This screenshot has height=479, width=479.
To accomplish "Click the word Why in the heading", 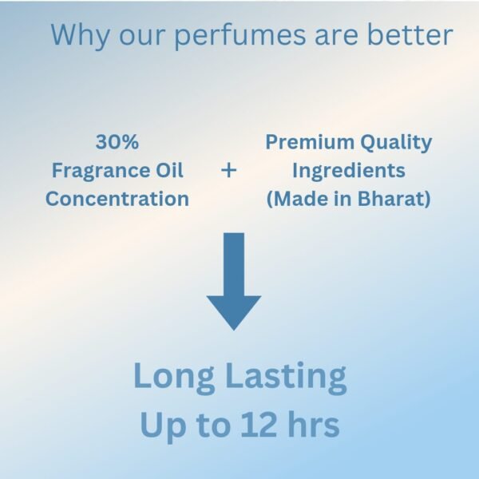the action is click(80, 35).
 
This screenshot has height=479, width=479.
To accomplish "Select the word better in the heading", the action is click(410, 34).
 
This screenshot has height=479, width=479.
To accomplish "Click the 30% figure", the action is click(117, 142).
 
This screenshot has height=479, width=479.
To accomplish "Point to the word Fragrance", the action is click(97, 171).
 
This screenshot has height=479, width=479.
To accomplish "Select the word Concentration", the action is click(117, 199).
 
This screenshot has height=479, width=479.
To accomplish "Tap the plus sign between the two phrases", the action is click(229, 171).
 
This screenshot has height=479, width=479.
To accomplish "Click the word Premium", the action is click(310, 142).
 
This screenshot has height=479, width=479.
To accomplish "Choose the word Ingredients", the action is click(349, 171).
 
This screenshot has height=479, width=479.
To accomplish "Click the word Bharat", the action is click(390, 199).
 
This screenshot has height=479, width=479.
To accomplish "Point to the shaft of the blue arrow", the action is click(234, 264).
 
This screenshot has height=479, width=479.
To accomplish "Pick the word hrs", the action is click(314, 424).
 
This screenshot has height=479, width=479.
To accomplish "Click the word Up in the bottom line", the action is click(164, 427).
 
